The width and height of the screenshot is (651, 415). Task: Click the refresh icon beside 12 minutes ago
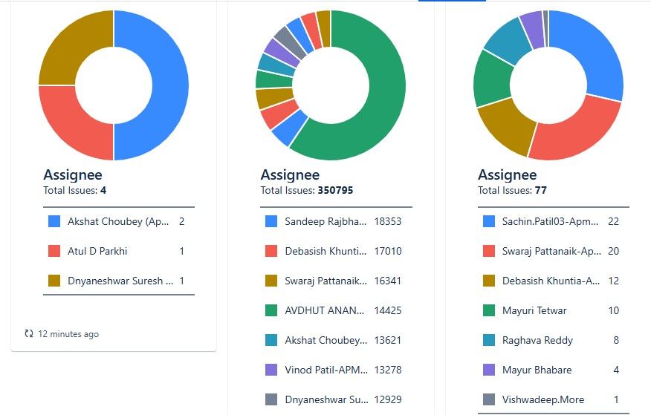click(x=29, y=334)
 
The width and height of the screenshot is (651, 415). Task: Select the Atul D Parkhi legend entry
click(x=97, y=251)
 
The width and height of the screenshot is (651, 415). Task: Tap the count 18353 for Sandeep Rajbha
click(x=388, y=221)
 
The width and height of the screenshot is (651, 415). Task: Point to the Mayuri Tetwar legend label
click(x=534, y=310)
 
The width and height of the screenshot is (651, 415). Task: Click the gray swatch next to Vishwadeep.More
click(x=489, y=399)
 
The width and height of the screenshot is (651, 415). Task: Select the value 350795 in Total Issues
click(x=335, y=190)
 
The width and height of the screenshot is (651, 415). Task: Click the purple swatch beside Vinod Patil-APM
click(x=271, y=370)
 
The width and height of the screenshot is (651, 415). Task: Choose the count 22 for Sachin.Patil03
click(x=613, y=221)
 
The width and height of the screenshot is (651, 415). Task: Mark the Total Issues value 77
click(x=540, y=190)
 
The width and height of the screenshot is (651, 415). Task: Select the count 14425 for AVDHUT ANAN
click(x=388, y=310)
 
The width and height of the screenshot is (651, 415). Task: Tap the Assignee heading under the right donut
click(x=507, y=175)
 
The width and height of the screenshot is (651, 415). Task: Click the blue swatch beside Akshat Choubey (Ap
click(x=54, y=221)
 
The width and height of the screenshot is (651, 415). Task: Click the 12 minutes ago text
click(x=68, y=334)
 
